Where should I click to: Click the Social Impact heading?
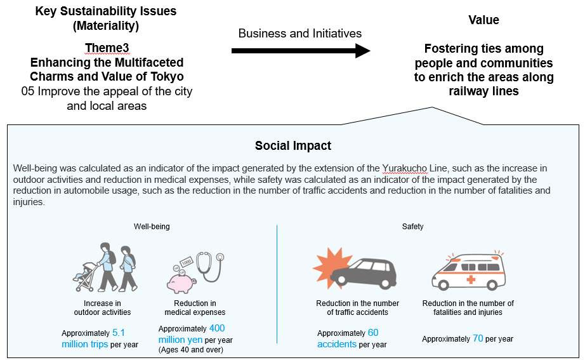pyautogui.click(x=292, y=145)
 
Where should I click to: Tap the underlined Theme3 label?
pyautogui.click(x=107, y=48)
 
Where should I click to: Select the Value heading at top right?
pyautogui.click(x=483, y=20)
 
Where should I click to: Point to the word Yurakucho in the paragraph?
pyautogui.click(x=407, y=168)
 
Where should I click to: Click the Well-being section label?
pyautogui.click(x=152, y=226)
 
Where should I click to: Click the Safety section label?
pyautogui.click(x=412, y=226)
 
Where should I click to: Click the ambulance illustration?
pyautogui.click(x=470, y=272)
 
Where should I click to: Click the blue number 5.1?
pyautogui.click(x=119, y=333)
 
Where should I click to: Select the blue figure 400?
pyautogui.click(x=216, y=328)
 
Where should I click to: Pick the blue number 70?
pyautogui.click(x=478, y=338)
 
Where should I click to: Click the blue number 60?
pyautogui.click(x=372, y=333)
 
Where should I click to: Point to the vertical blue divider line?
pyautogui.click(x=277, y=286)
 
